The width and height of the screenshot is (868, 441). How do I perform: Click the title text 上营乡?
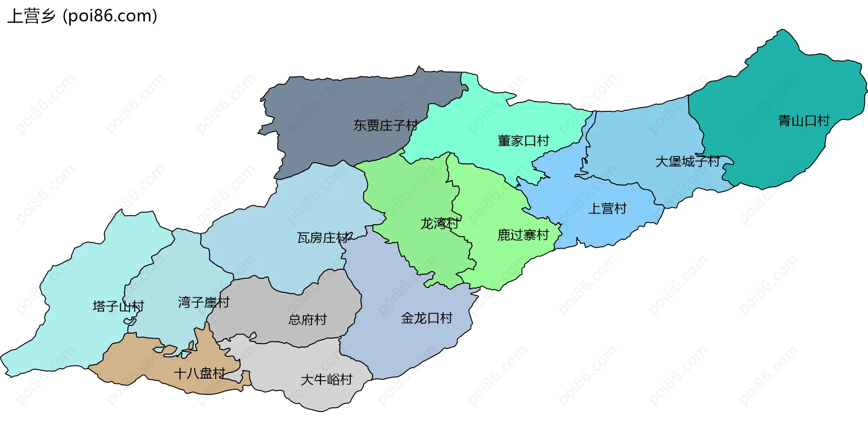pyautogui.click(x=31, y=16)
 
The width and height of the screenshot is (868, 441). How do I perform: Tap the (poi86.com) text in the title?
pyautogui.click(x=110, y=16)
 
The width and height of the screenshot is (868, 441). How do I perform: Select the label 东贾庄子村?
pyautogui.click(x=385, y=125)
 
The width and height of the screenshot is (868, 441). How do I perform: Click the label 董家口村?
pyautogui.click(x=523, y=141)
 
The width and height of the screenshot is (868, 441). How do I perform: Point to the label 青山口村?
pyautogui.click(x=803, y=121)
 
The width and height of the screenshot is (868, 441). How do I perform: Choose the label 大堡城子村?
pyautogui.click(x=687, y=161)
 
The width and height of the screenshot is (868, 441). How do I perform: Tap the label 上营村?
pyautogui.click(x=607, y=209)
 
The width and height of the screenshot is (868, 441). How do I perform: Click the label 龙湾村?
pyautogui.click(x=439, y=223)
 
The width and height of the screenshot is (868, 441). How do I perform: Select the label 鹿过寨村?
pyautogui.click(x=523, y=235)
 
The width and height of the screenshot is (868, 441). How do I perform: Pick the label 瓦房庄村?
pyautogui.click(x=323, y=238)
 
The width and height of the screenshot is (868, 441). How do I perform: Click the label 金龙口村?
pyautogui.click(x=426, y=318)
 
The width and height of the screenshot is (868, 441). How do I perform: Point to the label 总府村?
pyautogui.click(x=307, y=320)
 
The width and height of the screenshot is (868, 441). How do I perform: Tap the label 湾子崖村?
pyautogui.click(x=203, y=302)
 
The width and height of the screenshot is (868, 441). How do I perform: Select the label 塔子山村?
pyautogui.click(x=118, y=307)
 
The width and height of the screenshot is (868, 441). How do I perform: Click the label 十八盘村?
pyautogui.click(x=199, y=374)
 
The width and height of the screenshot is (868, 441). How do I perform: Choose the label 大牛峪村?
pyautogui.click(x=326, y=380)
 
